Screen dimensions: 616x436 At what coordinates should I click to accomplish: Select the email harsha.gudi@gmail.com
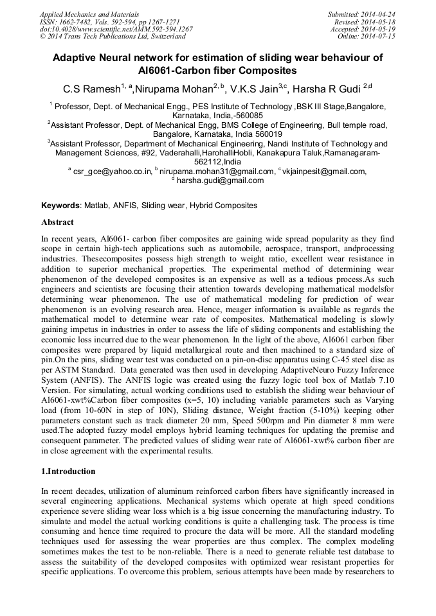pos(220,180)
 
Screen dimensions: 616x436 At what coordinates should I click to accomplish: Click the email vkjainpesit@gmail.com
pos(325,171)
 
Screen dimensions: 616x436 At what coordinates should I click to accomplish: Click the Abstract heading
pos(58,222)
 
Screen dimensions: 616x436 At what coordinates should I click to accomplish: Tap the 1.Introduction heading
pos(68,471)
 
